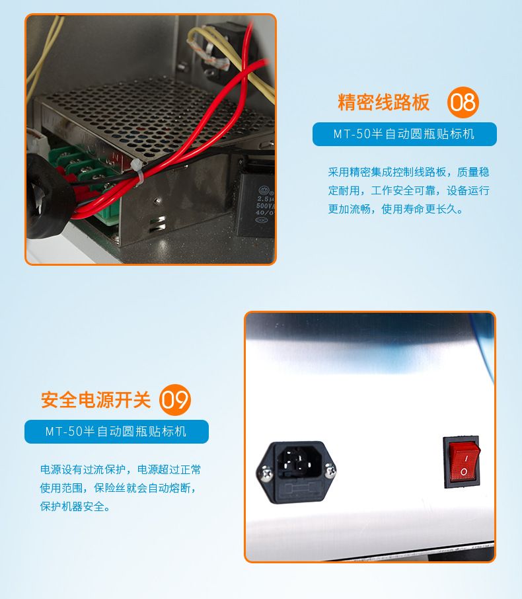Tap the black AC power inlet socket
[x=296, y=473]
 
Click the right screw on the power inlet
[x=330, y=471]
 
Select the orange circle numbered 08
[x=463, y=102]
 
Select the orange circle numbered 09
[x=174, y=399]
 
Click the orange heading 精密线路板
[x=383, y=102]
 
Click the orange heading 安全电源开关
[x=96, y=400]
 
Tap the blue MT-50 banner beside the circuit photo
[x=404, y=134]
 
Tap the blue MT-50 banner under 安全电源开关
[x=116, y=432]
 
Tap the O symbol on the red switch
[x=464, y=471]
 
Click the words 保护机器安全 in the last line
[x=72, y=506]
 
